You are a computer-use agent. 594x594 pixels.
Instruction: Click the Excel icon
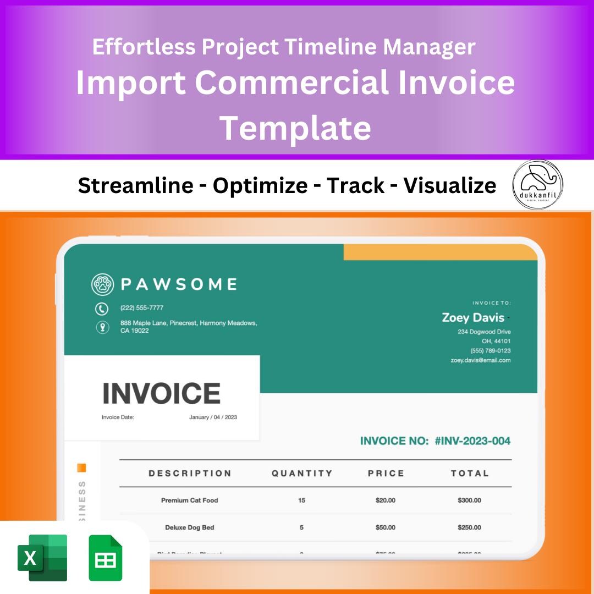click(x=43, y=557)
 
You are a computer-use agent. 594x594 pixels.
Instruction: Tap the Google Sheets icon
click(x=106, y=558)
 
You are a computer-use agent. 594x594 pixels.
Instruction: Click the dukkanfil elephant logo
click(x=538, y=185)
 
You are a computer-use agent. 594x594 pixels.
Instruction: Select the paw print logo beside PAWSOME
click(x=102, y=284)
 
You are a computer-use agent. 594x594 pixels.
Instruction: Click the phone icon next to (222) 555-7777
click(x=102, y=309)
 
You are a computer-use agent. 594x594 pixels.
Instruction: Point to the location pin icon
click(x=102, y=327)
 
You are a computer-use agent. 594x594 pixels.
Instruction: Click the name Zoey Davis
click(x=473, y=318)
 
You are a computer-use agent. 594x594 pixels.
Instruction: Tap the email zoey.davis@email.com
click(x=481, y=360)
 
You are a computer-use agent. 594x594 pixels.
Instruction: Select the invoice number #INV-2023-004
click(x=472, y=441)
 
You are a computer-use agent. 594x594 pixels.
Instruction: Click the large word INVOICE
click(x=162, y=393)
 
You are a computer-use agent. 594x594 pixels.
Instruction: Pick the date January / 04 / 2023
click(x=213, y=417)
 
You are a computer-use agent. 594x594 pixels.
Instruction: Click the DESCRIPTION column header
click(x=190, y=474)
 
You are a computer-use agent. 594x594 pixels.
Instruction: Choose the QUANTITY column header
click(x=302, y=474)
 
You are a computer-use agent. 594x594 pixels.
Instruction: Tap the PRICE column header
click(x=386, y=474)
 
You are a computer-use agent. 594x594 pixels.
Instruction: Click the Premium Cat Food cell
click(x=190, y=501)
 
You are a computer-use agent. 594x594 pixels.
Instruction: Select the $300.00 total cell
click(x=469, y=501)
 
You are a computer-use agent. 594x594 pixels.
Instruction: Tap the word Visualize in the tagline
click(x=450, y=186)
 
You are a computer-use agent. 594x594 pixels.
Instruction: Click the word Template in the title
click(x=295, y=127)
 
